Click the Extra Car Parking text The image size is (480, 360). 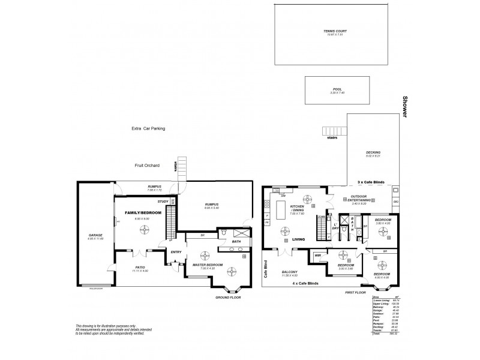pos(148,128)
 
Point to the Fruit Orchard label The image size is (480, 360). pos(148,165)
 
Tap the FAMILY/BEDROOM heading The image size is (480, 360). pos(137,212)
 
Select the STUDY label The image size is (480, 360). pos(163,202)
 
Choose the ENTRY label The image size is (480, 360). pos(176,252)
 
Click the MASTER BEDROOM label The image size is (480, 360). pos(207,264)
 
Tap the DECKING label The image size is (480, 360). pos(373,152)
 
